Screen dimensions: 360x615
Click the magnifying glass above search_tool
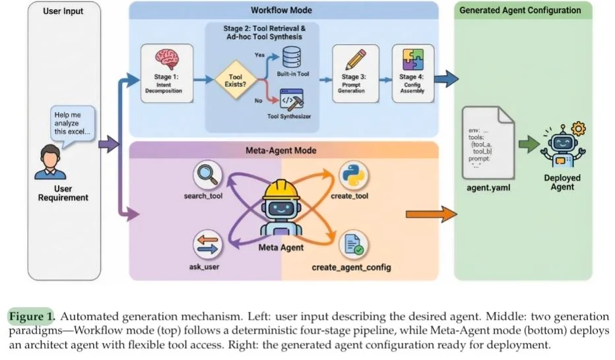[x=207, y=176]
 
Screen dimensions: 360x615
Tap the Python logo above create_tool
[x=353, y=176]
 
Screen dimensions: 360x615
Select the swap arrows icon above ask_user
[x=206, y=244]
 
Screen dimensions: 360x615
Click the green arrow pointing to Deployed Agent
[x=528, y=144]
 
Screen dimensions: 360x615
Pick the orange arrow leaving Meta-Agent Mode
[x=432, y=214]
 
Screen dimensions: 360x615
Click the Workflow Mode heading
[x=282, y=11]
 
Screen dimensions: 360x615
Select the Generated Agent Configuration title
[x=520, y=11]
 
